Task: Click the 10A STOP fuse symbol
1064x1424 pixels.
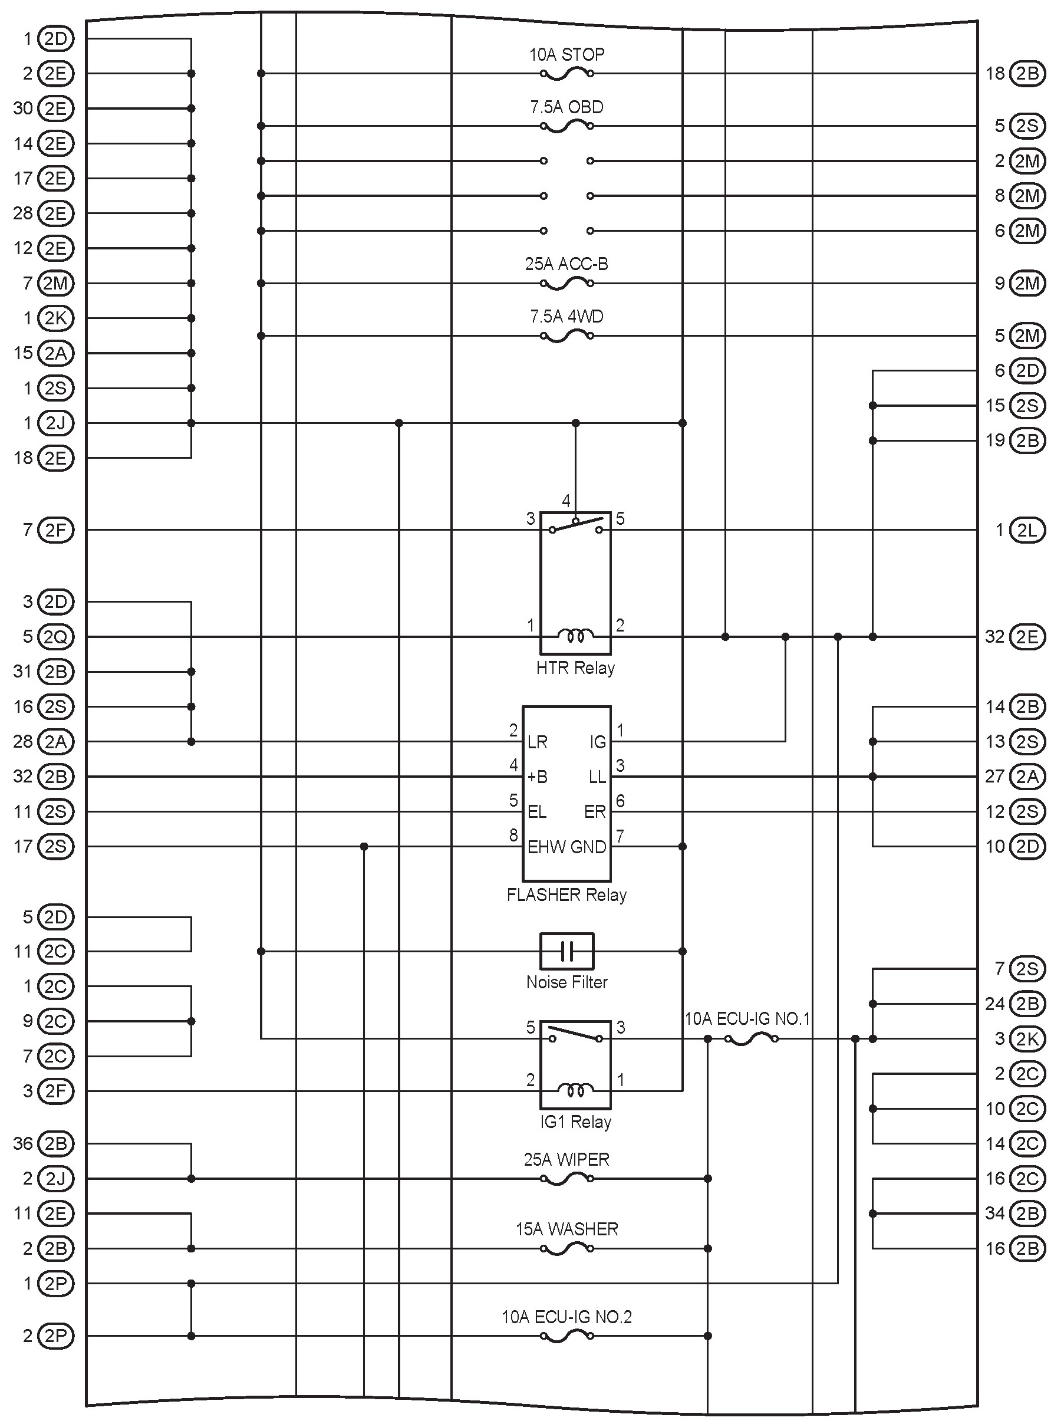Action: click(x=566, y=74)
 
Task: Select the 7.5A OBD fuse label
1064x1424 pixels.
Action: click(x=566, y=107)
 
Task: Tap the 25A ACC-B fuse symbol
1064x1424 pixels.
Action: click(x=566, y=283)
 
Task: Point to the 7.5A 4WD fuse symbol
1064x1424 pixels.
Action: click(x=566, y=336)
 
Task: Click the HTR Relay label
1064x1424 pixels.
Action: click(x=575, y=668)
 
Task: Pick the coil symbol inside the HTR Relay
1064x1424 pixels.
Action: click(x=575, y=636)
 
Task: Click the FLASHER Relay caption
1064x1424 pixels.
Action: click(x=566, y=895)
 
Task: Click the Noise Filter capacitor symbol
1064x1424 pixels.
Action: click(x=566, y=951)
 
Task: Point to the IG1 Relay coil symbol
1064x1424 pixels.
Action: click(x=575, y=1090)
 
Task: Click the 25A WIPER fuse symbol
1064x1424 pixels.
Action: click(x=566, y=1179)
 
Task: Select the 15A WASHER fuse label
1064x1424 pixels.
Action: click(x=566, y=1229)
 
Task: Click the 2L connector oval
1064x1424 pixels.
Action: click(x=1027, y=531)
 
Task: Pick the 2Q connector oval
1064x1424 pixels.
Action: click(x=56, y=637)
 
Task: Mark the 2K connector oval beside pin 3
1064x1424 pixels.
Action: click(x=1027, y=1038)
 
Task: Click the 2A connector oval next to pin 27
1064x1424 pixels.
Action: click(x=1027, y=777)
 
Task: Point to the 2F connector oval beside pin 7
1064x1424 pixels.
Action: click(x=56, y=531)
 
